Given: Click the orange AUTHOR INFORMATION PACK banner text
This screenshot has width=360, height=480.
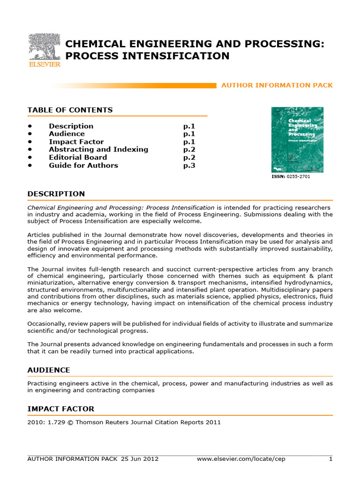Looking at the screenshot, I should tap(277, 85).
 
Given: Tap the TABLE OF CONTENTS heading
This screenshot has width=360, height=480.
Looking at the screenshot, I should tap(70, 110).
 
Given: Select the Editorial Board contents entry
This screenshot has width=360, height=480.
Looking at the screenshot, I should tap(78, 157).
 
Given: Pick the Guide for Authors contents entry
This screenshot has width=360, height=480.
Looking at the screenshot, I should tap(83, 165).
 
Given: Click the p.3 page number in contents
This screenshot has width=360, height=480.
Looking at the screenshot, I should tap(189, 165).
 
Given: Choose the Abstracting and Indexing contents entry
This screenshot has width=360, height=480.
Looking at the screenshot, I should tap(98, 150).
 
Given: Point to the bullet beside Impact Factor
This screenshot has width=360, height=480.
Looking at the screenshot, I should tap(30, 142).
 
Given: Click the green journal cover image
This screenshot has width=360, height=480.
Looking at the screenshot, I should tap(297, 140).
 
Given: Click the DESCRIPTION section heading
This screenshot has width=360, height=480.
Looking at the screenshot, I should tap(56, 194).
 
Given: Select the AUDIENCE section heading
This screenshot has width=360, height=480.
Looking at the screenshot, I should tap(49, 370).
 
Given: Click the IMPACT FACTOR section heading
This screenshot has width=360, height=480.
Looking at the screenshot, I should tap(61, 409).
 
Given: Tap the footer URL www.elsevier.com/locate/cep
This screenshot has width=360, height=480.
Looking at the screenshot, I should tap(241, 459).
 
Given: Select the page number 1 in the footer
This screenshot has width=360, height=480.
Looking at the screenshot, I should tap(330, 459).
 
